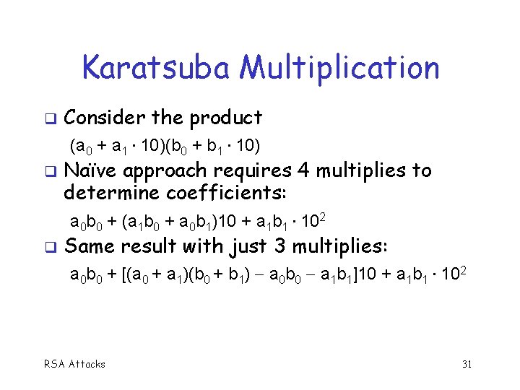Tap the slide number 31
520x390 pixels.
tap(467, 364)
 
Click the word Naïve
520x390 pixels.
tap(92, 171)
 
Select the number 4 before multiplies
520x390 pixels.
tap(302, 171)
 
